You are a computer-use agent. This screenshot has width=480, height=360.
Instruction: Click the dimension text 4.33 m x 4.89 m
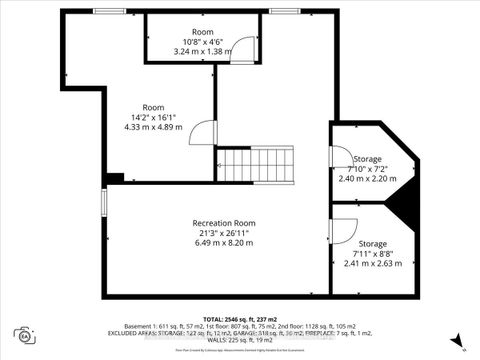click(x=152, y=127)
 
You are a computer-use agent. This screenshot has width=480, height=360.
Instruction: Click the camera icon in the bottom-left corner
click(x=22, y=333)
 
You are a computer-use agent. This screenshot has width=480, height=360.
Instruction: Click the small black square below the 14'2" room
click(x=113, y=178)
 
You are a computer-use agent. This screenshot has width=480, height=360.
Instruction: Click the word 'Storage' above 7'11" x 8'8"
click(x=373, y=244)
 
